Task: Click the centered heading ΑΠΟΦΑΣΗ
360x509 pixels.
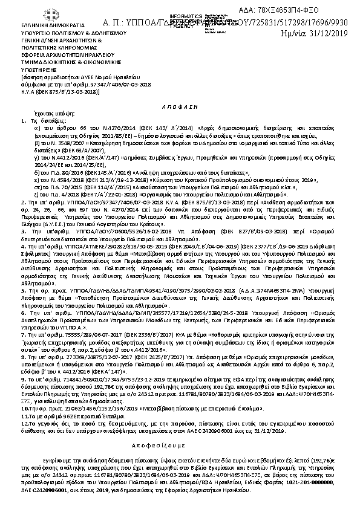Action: click(180, 104)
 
